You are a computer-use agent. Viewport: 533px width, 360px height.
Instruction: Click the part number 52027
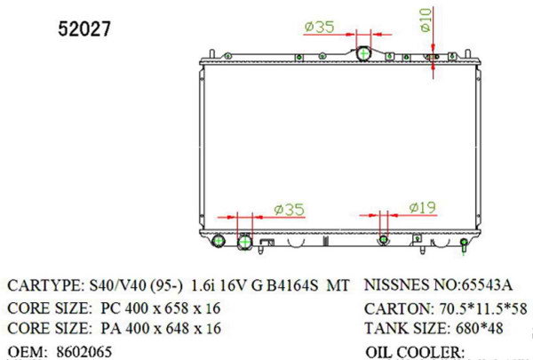pos(84,29)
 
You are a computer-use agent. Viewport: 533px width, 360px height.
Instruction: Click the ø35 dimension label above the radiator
pos(319,28)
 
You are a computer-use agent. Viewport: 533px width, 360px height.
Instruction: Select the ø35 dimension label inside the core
pos(289,210)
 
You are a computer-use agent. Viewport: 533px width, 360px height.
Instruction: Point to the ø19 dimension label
pos(422,208)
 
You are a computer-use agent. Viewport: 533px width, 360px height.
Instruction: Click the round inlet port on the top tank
pos(363,55)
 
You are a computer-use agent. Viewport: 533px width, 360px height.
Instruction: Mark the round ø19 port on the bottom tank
pos(384,240)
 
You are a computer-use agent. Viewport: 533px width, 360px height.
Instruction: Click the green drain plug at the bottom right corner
pos(464,250)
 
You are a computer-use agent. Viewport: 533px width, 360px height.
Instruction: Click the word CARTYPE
pos(44,286)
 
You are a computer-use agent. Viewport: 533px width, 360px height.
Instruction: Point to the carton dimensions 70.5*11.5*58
pos(476,309)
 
